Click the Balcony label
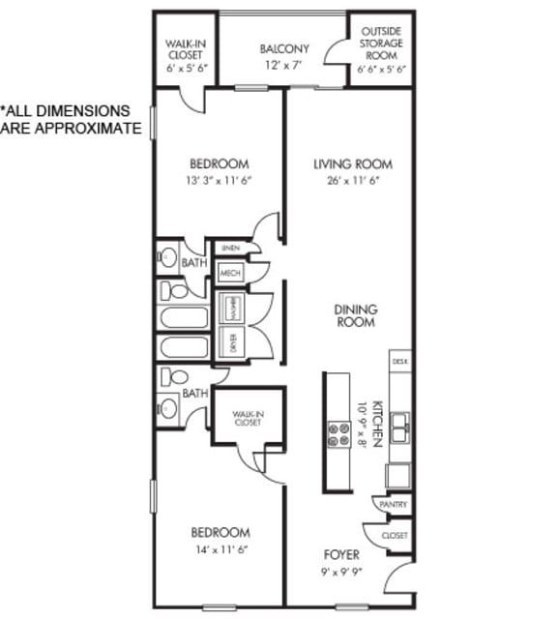pos(284,48)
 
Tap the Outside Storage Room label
pos(381,44)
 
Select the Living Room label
pos(353,164)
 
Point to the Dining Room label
pos(356,315)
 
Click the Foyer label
pos(341,555)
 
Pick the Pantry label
pos(395,505)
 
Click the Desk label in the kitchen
pos(399,361)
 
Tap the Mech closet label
pos(230,274)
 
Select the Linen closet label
pos(229,249)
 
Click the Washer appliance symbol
pos(232,308)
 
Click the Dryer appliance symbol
pos(232,341)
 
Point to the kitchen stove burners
pos(339,432)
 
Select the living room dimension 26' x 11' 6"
pos(353,181)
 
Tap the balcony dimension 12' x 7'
pos(284,65)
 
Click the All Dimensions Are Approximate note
pos(70,119)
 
